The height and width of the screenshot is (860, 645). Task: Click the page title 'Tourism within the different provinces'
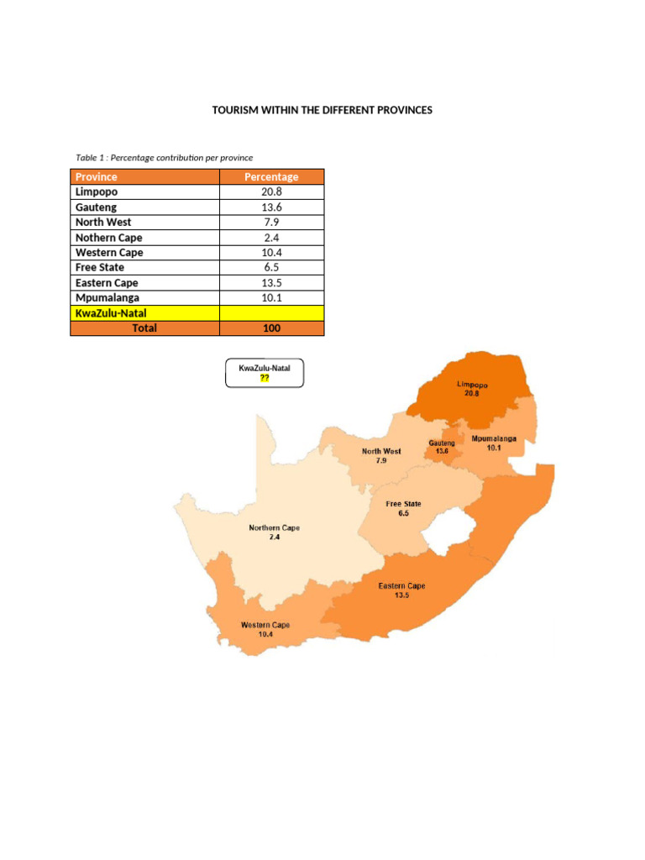(x=322, y=110)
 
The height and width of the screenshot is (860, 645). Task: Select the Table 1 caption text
(x=164, y=157)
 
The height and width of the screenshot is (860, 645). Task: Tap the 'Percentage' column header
(x=271, y=176)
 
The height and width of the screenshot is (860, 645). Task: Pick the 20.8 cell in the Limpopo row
(x=271, y=191)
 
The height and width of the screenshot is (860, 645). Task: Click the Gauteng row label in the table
(x=97, y=207)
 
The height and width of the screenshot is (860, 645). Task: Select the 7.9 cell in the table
(x=271, y=222)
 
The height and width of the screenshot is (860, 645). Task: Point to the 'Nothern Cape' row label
(x=109, y=237)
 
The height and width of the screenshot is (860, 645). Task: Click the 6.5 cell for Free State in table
(x=271, y=267)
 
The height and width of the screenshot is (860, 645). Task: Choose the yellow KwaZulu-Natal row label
(x=111, y=313)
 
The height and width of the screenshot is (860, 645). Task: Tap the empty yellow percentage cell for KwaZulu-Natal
(x=271, y=313)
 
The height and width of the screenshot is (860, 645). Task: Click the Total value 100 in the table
(x=271, y=328)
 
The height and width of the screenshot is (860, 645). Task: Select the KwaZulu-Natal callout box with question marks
(x=265, y=373)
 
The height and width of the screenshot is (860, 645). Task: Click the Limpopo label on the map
(x=472, y=388)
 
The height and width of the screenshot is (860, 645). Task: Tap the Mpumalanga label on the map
(x=493, y=443)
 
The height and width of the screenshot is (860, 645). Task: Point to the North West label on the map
(x=381, y=456)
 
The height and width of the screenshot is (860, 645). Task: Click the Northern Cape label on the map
(x=274, y=532)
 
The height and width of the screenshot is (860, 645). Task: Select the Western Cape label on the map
(x=265, y=629)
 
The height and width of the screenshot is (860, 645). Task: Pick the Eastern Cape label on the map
(x=401, y=590)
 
